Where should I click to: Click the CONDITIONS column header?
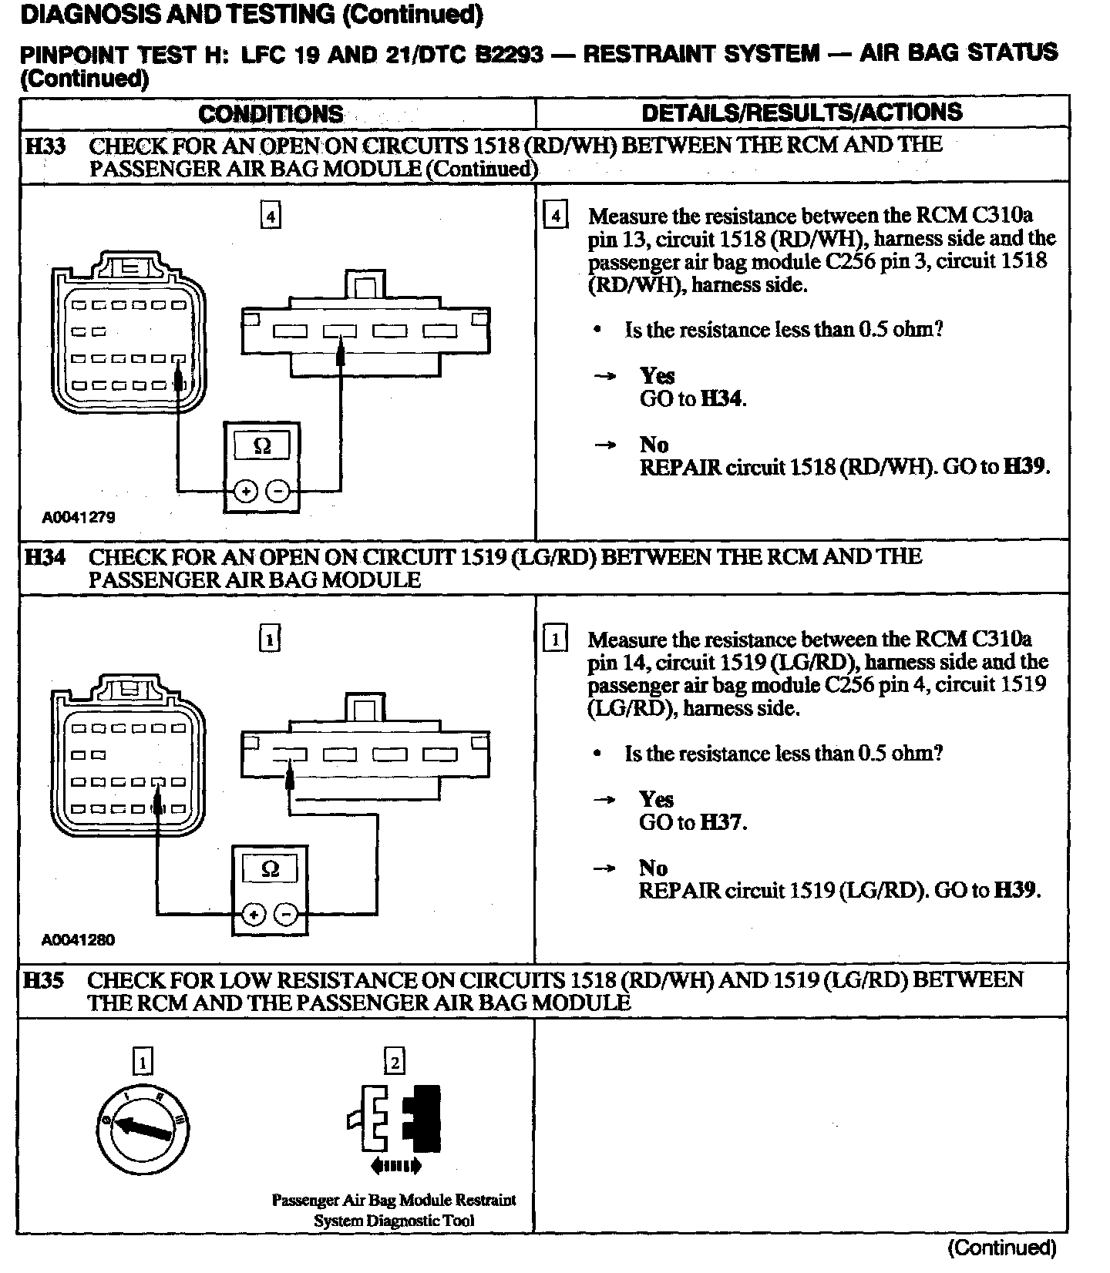pos(271,114)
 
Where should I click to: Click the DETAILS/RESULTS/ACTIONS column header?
pos(802,113)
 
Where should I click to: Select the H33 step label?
pos(45,146)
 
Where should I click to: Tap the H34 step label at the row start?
pos(44,557)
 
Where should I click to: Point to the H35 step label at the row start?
pos(43,980)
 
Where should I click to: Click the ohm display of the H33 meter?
pos(262,446)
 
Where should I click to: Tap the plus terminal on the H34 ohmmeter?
pos(253,915)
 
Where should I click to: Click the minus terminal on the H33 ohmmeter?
pos(278,491)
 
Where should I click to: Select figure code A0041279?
pos(79,517)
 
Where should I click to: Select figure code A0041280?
pos(78,940)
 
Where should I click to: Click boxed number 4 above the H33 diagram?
pos(270,217)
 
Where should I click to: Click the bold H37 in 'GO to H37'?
pos(722,823)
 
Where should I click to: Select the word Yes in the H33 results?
pos(657,375)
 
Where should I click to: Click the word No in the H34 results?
pos(653,868)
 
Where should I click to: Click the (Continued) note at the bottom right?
pos(1001,1247)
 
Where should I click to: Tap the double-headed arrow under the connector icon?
pos(395,1166)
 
